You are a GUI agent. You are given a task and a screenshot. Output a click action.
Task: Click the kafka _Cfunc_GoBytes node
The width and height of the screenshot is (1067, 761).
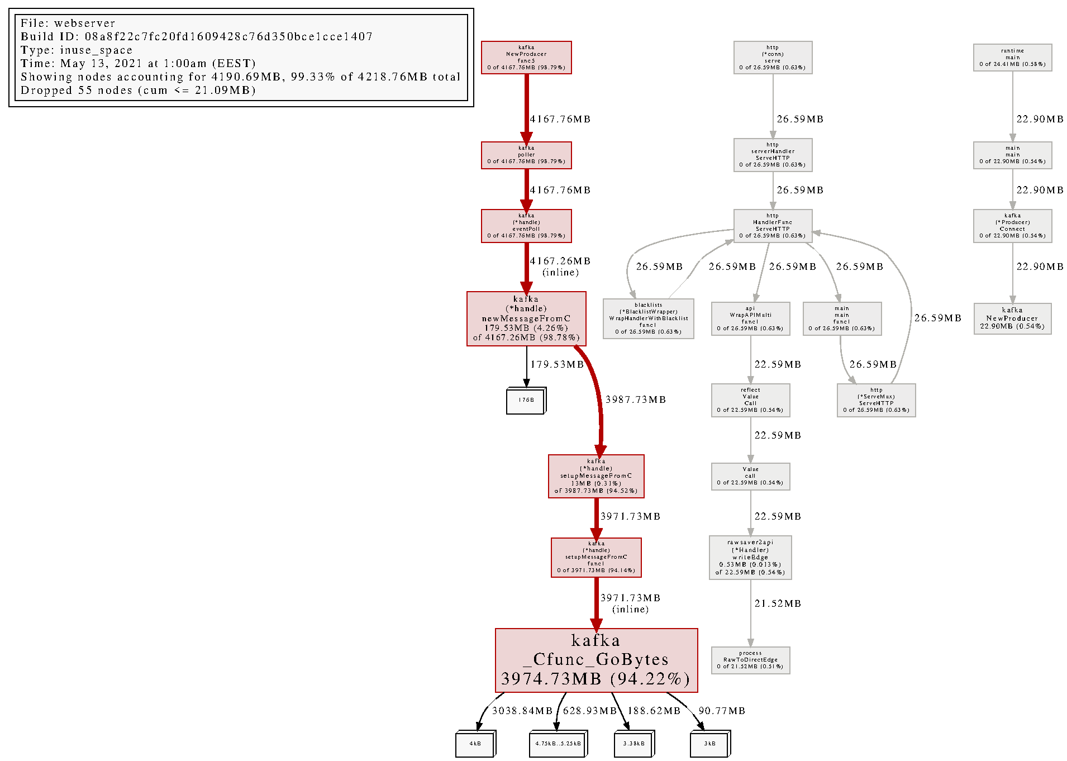(x=596, y=660)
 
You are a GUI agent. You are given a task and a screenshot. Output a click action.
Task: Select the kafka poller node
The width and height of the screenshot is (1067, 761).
(x=526, y=155)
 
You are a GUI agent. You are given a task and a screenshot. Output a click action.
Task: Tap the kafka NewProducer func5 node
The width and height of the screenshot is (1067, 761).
(x=526, y=58)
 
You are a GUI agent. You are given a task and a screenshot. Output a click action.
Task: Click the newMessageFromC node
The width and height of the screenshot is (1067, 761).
(x=526, y=318)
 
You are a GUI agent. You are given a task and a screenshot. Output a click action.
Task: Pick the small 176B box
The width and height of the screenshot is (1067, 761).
(x=526, y=401)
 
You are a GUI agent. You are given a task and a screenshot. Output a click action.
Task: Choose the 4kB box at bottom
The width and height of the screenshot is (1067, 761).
(x=475, y=744)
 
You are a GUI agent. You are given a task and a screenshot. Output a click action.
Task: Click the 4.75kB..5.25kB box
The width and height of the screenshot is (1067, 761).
(x=558, y=744)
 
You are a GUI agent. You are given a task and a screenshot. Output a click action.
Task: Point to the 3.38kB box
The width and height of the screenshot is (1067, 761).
(x=634, y=744)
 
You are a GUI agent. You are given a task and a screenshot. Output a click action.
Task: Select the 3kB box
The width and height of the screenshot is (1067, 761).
(x=709, y=744)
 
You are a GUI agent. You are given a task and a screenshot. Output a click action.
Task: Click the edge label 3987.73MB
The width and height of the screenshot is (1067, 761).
(x=636, y=399)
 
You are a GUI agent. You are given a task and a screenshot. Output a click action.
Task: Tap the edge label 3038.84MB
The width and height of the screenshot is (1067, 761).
(x=522, y=711)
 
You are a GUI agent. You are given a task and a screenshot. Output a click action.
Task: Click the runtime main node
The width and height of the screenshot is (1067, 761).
(x=1012, y=58)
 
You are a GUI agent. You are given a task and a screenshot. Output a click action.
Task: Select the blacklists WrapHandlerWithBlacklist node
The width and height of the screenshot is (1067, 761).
(x=648, y=318)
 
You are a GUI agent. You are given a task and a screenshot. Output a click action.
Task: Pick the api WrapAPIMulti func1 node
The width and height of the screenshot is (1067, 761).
(x=750, y=318)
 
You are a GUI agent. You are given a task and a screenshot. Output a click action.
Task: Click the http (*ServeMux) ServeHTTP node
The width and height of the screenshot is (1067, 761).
(x=876, y=400)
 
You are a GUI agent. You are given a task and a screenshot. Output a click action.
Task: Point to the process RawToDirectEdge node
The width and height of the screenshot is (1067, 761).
(x=750, y=660)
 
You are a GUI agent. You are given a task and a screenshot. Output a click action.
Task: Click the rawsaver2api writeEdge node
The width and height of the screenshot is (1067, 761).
(x=750, y=557)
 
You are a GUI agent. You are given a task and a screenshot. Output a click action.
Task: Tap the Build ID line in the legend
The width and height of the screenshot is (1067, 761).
(x=196, y=37)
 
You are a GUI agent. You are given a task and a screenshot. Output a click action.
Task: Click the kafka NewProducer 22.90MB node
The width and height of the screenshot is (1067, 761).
(x=1012, y=318)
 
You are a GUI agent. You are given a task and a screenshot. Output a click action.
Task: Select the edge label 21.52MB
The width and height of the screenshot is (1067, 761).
(x=778, y=603)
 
